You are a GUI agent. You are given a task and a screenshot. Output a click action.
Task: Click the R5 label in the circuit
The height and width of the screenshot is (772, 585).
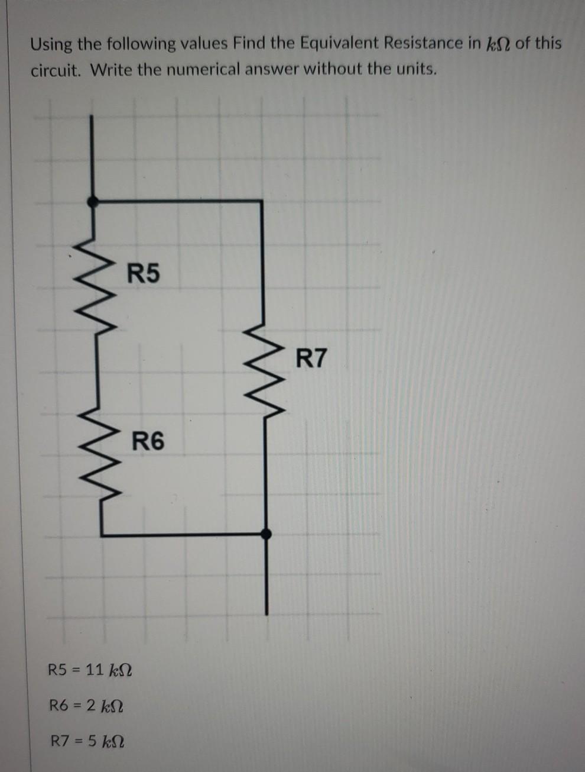145,274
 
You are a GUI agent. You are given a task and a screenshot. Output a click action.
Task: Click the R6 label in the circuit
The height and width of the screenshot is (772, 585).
148,441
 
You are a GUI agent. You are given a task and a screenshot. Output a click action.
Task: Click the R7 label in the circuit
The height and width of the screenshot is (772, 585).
311,358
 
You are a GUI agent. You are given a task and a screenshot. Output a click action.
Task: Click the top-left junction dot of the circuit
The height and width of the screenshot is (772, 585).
92,202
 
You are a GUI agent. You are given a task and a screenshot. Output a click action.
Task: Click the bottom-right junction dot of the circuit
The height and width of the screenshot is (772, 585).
266,534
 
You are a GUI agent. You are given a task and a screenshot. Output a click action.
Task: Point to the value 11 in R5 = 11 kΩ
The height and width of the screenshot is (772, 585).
94,670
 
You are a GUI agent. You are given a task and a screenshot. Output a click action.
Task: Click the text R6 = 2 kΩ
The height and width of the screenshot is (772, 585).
87,705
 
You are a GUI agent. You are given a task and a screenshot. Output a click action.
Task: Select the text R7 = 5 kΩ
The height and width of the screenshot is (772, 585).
87,741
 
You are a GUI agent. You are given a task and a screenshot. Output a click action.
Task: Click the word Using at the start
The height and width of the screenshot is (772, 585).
52,44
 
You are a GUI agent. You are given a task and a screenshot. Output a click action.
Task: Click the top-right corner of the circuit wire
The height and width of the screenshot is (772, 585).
262,202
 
